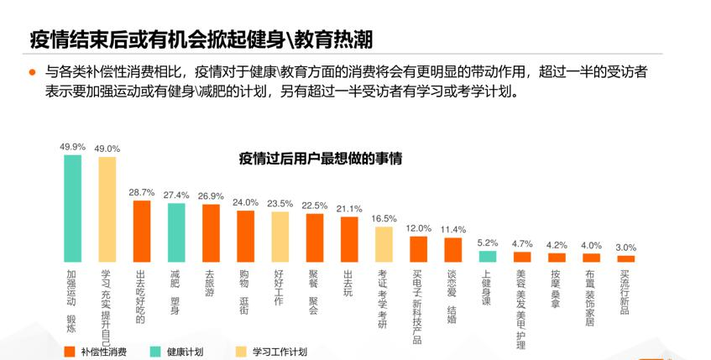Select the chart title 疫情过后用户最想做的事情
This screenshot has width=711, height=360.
(321, 157)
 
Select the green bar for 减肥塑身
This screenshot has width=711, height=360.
(176, 232)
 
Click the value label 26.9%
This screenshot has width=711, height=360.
(211, 196)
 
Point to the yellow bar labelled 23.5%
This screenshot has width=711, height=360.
(280, 237)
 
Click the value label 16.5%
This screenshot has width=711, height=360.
(384, 218)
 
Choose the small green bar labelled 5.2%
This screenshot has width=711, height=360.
(488, 257)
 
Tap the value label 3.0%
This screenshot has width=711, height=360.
(626, 248)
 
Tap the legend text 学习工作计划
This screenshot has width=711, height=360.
(279, 351)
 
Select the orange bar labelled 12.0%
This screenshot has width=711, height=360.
(418, 249)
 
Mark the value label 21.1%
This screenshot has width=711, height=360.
(349, 208)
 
